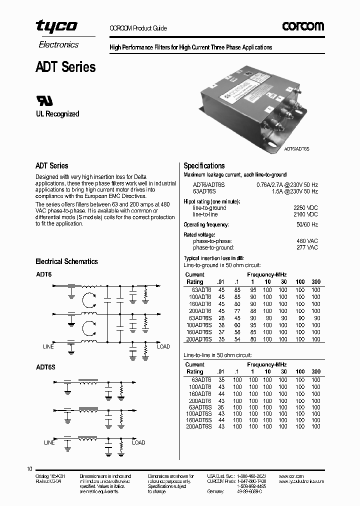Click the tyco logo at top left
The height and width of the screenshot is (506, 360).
(56, 26)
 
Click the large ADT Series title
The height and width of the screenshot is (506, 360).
(65, 67)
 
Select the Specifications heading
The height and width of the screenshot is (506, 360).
(204, 165)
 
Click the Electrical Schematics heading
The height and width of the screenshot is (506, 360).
(66, 261)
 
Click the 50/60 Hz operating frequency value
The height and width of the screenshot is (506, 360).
(307, 224)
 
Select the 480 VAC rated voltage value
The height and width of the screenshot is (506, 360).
(307, 241)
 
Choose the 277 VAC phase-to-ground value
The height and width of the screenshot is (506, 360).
(307, 247)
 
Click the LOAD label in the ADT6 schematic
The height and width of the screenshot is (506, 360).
(163, 346)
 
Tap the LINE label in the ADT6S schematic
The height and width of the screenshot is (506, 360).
(49, 442)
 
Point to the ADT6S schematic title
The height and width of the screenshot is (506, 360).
(45, 367)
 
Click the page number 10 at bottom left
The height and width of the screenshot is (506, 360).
(29, 469)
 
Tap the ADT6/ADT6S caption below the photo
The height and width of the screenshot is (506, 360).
(297, 149)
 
